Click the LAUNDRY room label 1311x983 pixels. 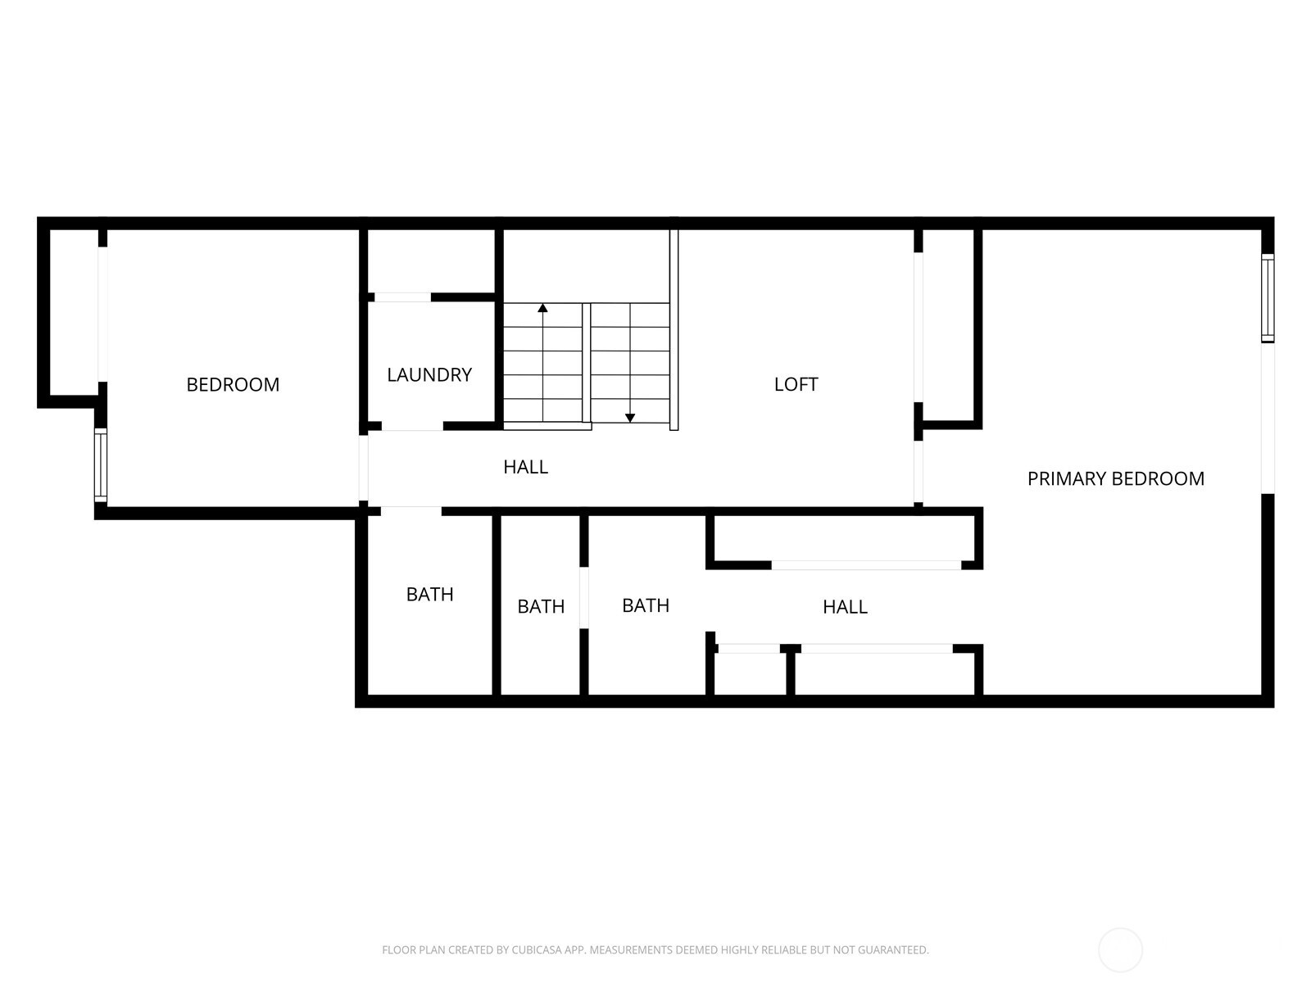(429, 375)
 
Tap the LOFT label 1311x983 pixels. (796, 384)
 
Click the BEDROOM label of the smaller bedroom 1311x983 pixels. (233, 384)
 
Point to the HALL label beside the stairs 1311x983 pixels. (525, 467)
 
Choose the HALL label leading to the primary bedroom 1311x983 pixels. (845, 607)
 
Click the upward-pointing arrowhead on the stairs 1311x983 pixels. (542, 308)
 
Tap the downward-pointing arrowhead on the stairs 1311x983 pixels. (629, 418)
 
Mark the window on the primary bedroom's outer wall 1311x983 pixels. (1268, 298)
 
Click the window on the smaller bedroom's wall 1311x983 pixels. (101, 465)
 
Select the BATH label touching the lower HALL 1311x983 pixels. (645, 606)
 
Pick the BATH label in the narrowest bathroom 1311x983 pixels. (541, 607)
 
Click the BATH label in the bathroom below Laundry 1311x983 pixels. (429, 595)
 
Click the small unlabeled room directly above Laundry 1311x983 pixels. (431, 260)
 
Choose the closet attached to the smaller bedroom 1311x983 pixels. (74, 311)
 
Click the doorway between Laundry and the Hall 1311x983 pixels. (412, 426)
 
